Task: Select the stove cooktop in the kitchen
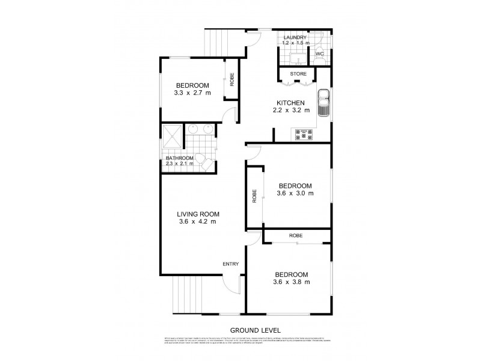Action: tap(304, 134)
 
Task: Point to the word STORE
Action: tap(298, 74)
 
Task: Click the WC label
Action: tap(320, 54)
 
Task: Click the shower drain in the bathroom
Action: tap(171, 136)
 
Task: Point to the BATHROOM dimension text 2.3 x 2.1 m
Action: tap(180, 164)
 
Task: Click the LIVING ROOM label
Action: tap(197, 214)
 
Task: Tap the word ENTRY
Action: tap(231, 264)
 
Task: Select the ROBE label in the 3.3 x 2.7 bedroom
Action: tap(231, 79)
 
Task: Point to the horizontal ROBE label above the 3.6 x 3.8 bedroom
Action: tap(295, 235)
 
